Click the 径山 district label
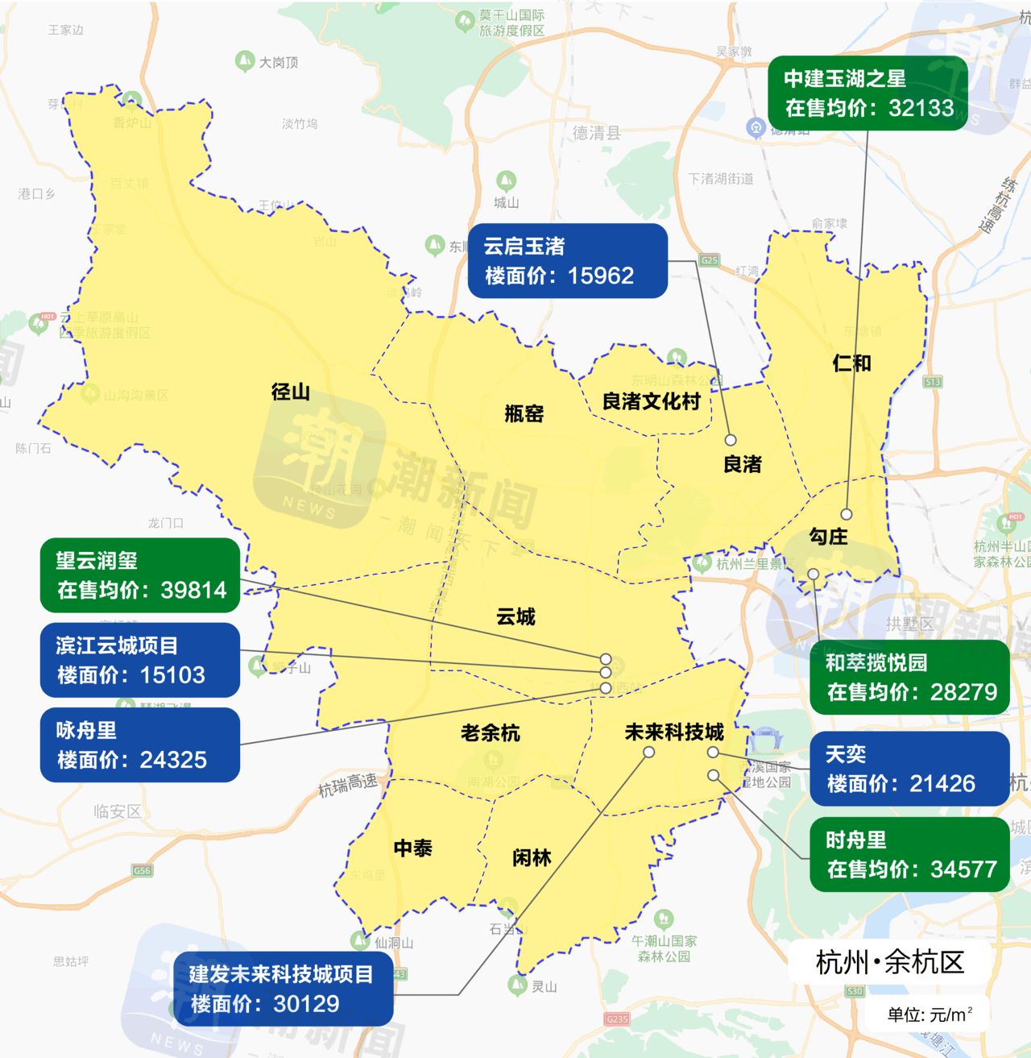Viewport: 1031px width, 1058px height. tap(291, 392)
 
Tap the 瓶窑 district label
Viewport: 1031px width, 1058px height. tap(524, 414)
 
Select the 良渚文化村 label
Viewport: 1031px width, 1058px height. tap(651, 401)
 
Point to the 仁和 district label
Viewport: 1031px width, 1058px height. tap(851, 363)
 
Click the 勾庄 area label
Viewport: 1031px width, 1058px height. tap(828, 537)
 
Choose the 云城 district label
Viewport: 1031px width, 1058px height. tap(515, 617)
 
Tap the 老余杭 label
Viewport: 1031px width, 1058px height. tap(490, 733)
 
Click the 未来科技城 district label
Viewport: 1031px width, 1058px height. tap(674, 732)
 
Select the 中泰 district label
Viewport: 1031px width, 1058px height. tap(412, 848)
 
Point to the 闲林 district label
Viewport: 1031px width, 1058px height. tap(532, 858)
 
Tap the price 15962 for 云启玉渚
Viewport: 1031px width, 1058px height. tap(600, 276)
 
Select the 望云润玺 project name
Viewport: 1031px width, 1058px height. tap(97, 561)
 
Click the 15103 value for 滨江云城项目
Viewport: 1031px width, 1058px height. tap(172, 675)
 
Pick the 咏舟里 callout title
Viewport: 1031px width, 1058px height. tap(86, 731)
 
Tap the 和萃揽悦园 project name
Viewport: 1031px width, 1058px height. tap(876, 663)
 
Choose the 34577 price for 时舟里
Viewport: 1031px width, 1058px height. tap(963, 869)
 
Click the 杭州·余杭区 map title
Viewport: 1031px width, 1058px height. tap(889, 962)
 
